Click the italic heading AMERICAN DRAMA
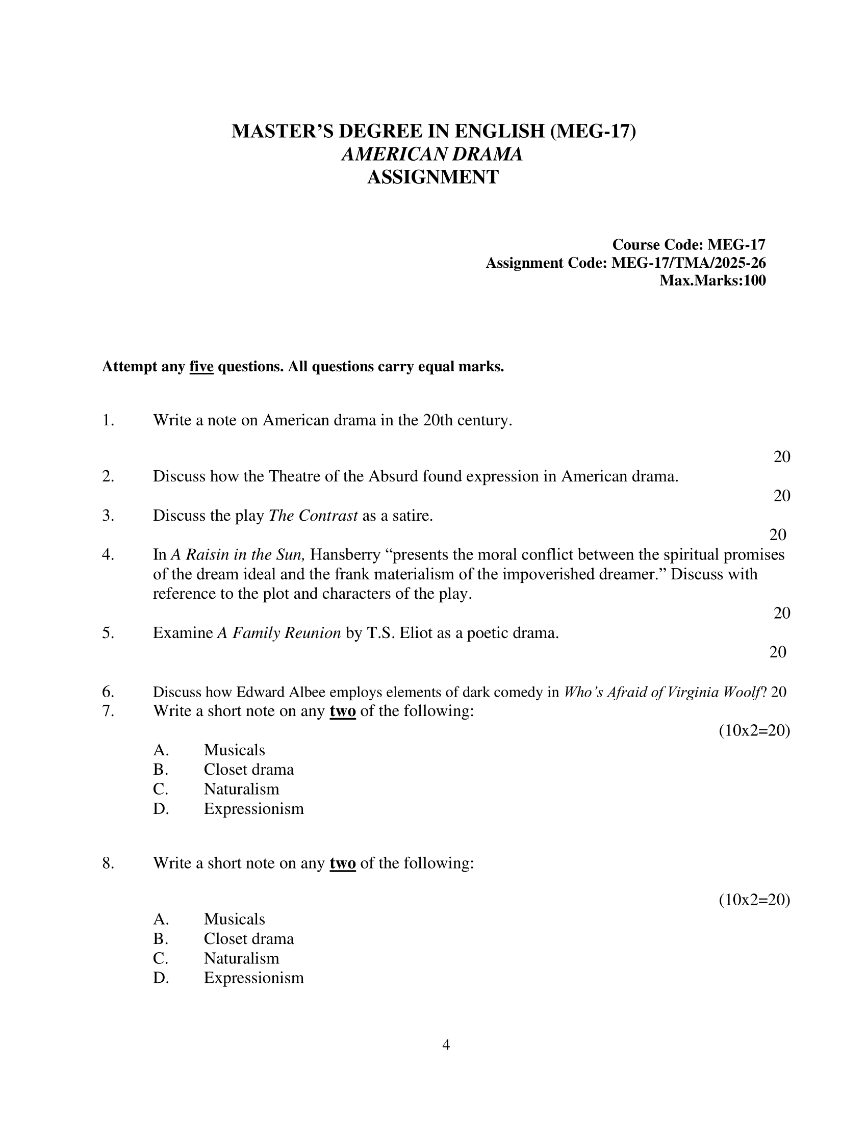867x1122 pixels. tap(432, 154)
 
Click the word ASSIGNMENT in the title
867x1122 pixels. tap(432, 177)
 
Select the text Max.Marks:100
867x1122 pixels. tap(712, 280)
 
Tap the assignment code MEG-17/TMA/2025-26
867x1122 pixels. tap(688, 263)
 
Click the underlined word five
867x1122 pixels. tap(201, 367)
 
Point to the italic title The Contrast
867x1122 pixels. tap(313, 515)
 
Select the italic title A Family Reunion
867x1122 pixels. tap(279, 633)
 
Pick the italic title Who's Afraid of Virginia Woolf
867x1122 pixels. tap(661, 692)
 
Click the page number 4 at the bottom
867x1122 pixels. tap(446, 1045)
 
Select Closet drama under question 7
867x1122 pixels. tap(248, 770)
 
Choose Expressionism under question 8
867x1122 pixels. tap(254, 978)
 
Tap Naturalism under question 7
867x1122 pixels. tap(241, 789)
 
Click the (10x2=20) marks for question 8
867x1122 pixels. tap(754, 900)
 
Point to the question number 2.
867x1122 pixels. tap(108, 476)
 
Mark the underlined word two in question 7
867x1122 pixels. tap(343, 711)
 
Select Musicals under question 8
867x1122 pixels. tap(234, 919)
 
